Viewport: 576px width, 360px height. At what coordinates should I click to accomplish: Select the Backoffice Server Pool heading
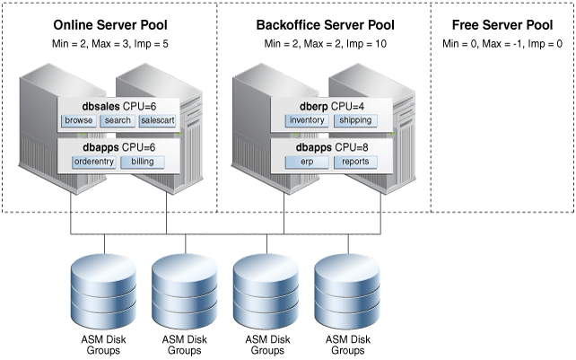[324, 24]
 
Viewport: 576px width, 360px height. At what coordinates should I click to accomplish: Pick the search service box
[118, 119]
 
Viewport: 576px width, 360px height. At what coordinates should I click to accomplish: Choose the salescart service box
[158, 119]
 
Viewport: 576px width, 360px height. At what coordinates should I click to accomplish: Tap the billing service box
[144, 162]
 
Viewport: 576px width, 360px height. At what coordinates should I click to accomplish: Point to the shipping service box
[354, 119]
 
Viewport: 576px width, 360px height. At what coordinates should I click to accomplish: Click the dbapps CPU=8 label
[324, 146]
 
